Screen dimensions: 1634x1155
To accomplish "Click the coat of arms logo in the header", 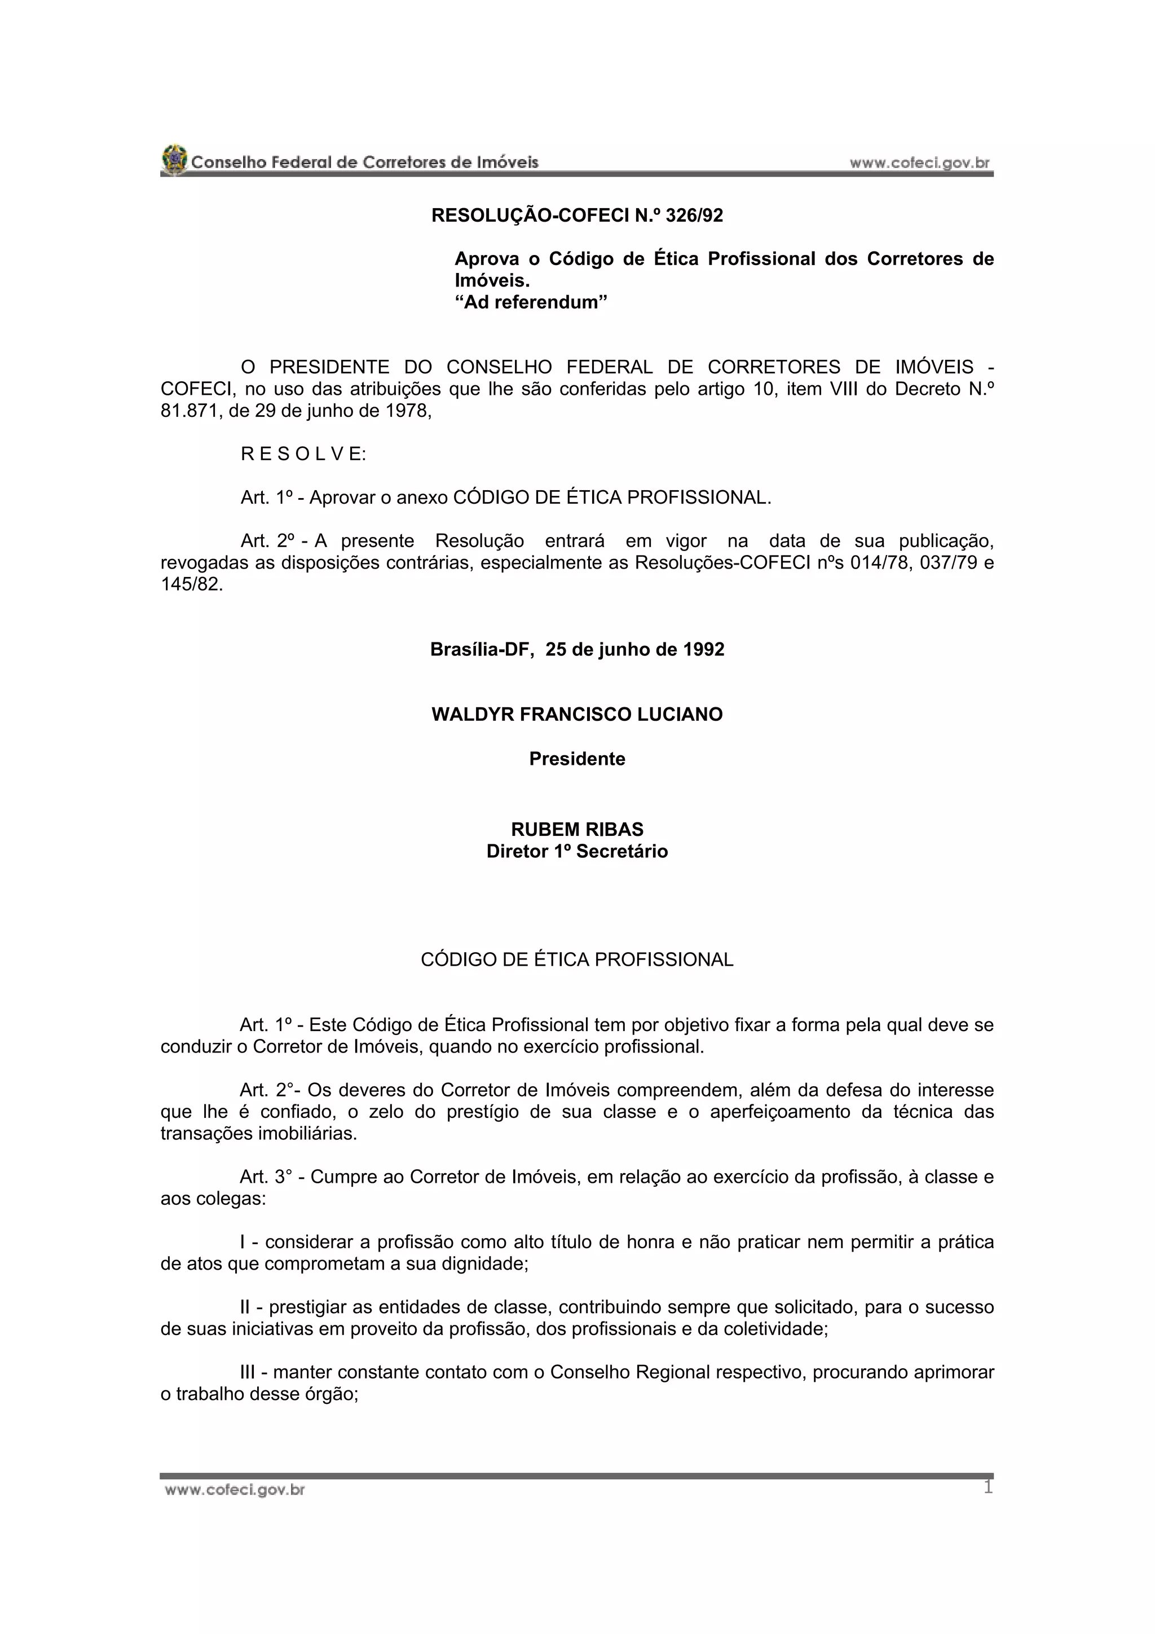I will tap(174, 160).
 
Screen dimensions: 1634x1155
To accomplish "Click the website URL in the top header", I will tap(919, 163).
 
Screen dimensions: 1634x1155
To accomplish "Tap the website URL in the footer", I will tap(235, 1490).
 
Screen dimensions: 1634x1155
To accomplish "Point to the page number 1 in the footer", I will tap(988, 1487).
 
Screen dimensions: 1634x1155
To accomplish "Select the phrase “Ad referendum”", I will tap(531, 302).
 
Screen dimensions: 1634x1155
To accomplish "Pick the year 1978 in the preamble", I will tap(408, 411).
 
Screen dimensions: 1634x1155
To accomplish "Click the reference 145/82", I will tap(191, 585).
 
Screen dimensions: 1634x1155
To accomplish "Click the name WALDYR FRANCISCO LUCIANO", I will tap(577, 715).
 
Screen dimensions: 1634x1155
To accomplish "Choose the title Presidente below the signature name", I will tap(577, 759).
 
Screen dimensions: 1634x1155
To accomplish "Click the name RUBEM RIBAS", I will tap(577, 829).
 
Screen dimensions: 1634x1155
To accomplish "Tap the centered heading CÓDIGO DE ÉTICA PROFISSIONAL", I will tap(577, 959).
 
